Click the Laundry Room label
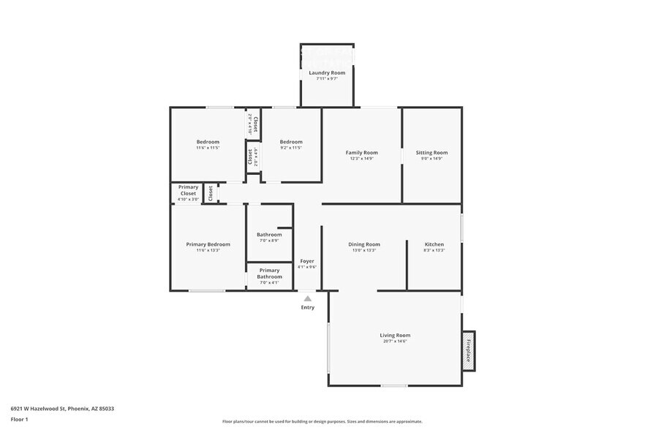(x=327, y=73)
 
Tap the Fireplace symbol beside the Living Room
(x=468, y=350)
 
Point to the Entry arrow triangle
(x=308, y=298)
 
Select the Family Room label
(x=361, y=153)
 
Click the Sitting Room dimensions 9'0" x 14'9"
(x=431, y=159)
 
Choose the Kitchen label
(x=434, y=244)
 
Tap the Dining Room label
(x=363, y=244)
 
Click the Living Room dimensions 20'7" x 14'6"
(x=394, y=342)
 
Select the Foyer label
(x=307, y=261)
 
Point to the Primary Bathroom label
(x=269, y=274)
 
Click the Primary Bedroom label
(x=208, y=244)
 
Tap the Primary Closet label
(x=188, y=190)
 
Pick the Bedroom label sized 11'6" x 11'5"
(x=208, y=142)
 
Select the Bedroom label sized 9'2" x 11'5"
(x=290, y=142)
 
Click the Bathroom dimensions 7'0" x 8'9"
(x=269, y=241)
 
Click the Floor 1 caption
(x=19, y=419)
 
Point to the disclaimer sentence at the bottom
(x=322, y=421)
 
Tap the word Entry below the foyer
(x=308, y=307)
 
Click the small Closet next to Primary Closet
(x=211, y=193)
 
